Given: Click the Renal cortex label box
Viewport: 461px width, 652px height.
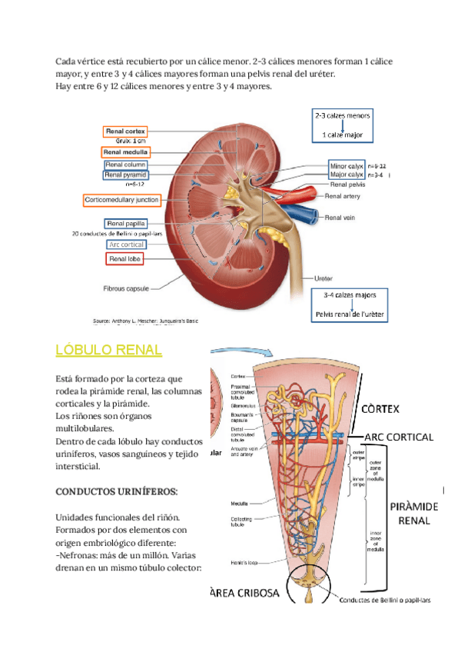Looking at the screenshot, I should [x=125, y=131].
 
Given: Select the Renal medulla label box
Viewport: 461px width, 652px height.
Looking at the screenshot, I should [x=127, y=152].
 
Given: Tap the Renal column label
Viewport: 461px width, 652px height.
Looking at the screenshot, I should [x=125, y=165].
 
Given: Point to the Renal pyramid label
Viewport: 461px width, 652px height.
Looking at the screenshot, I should [x=126, y=175].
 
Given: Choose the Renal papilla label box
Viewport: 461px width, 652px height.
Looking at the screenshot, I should [x=126, y=224].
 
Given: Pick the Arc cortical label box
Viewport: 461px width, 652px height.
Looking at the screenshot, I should [x=126, y=244].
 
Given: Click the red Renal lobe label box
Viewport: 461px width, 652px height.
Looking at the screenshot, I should [x=126, y=259].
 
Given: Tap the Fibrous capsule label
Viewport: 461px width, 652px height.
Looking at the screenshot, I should [x=126, y=289].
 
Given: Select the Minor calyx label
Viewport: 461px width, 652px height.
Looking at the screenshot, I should [x=347, y=165].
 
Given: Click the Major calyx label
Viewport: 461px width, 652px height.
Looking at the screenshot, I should [x=347, y=175].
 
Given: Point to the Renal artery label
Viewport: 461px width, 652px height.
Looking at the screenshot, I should [x=343, y=196].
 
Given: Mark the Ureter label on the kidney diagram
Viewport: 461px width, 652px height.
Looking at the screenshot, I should [x=323, y=278].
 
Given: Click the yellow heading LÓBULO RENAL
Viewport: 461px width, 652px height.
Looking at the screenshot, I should [x=109, y=351].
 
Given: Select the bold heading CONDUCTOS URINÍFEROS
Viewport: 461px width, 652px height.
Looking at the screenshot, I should [x=117, y=491].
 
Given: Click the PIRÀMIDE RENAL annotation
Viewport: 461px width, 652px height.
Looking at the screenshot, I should [x=414, y=513].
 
